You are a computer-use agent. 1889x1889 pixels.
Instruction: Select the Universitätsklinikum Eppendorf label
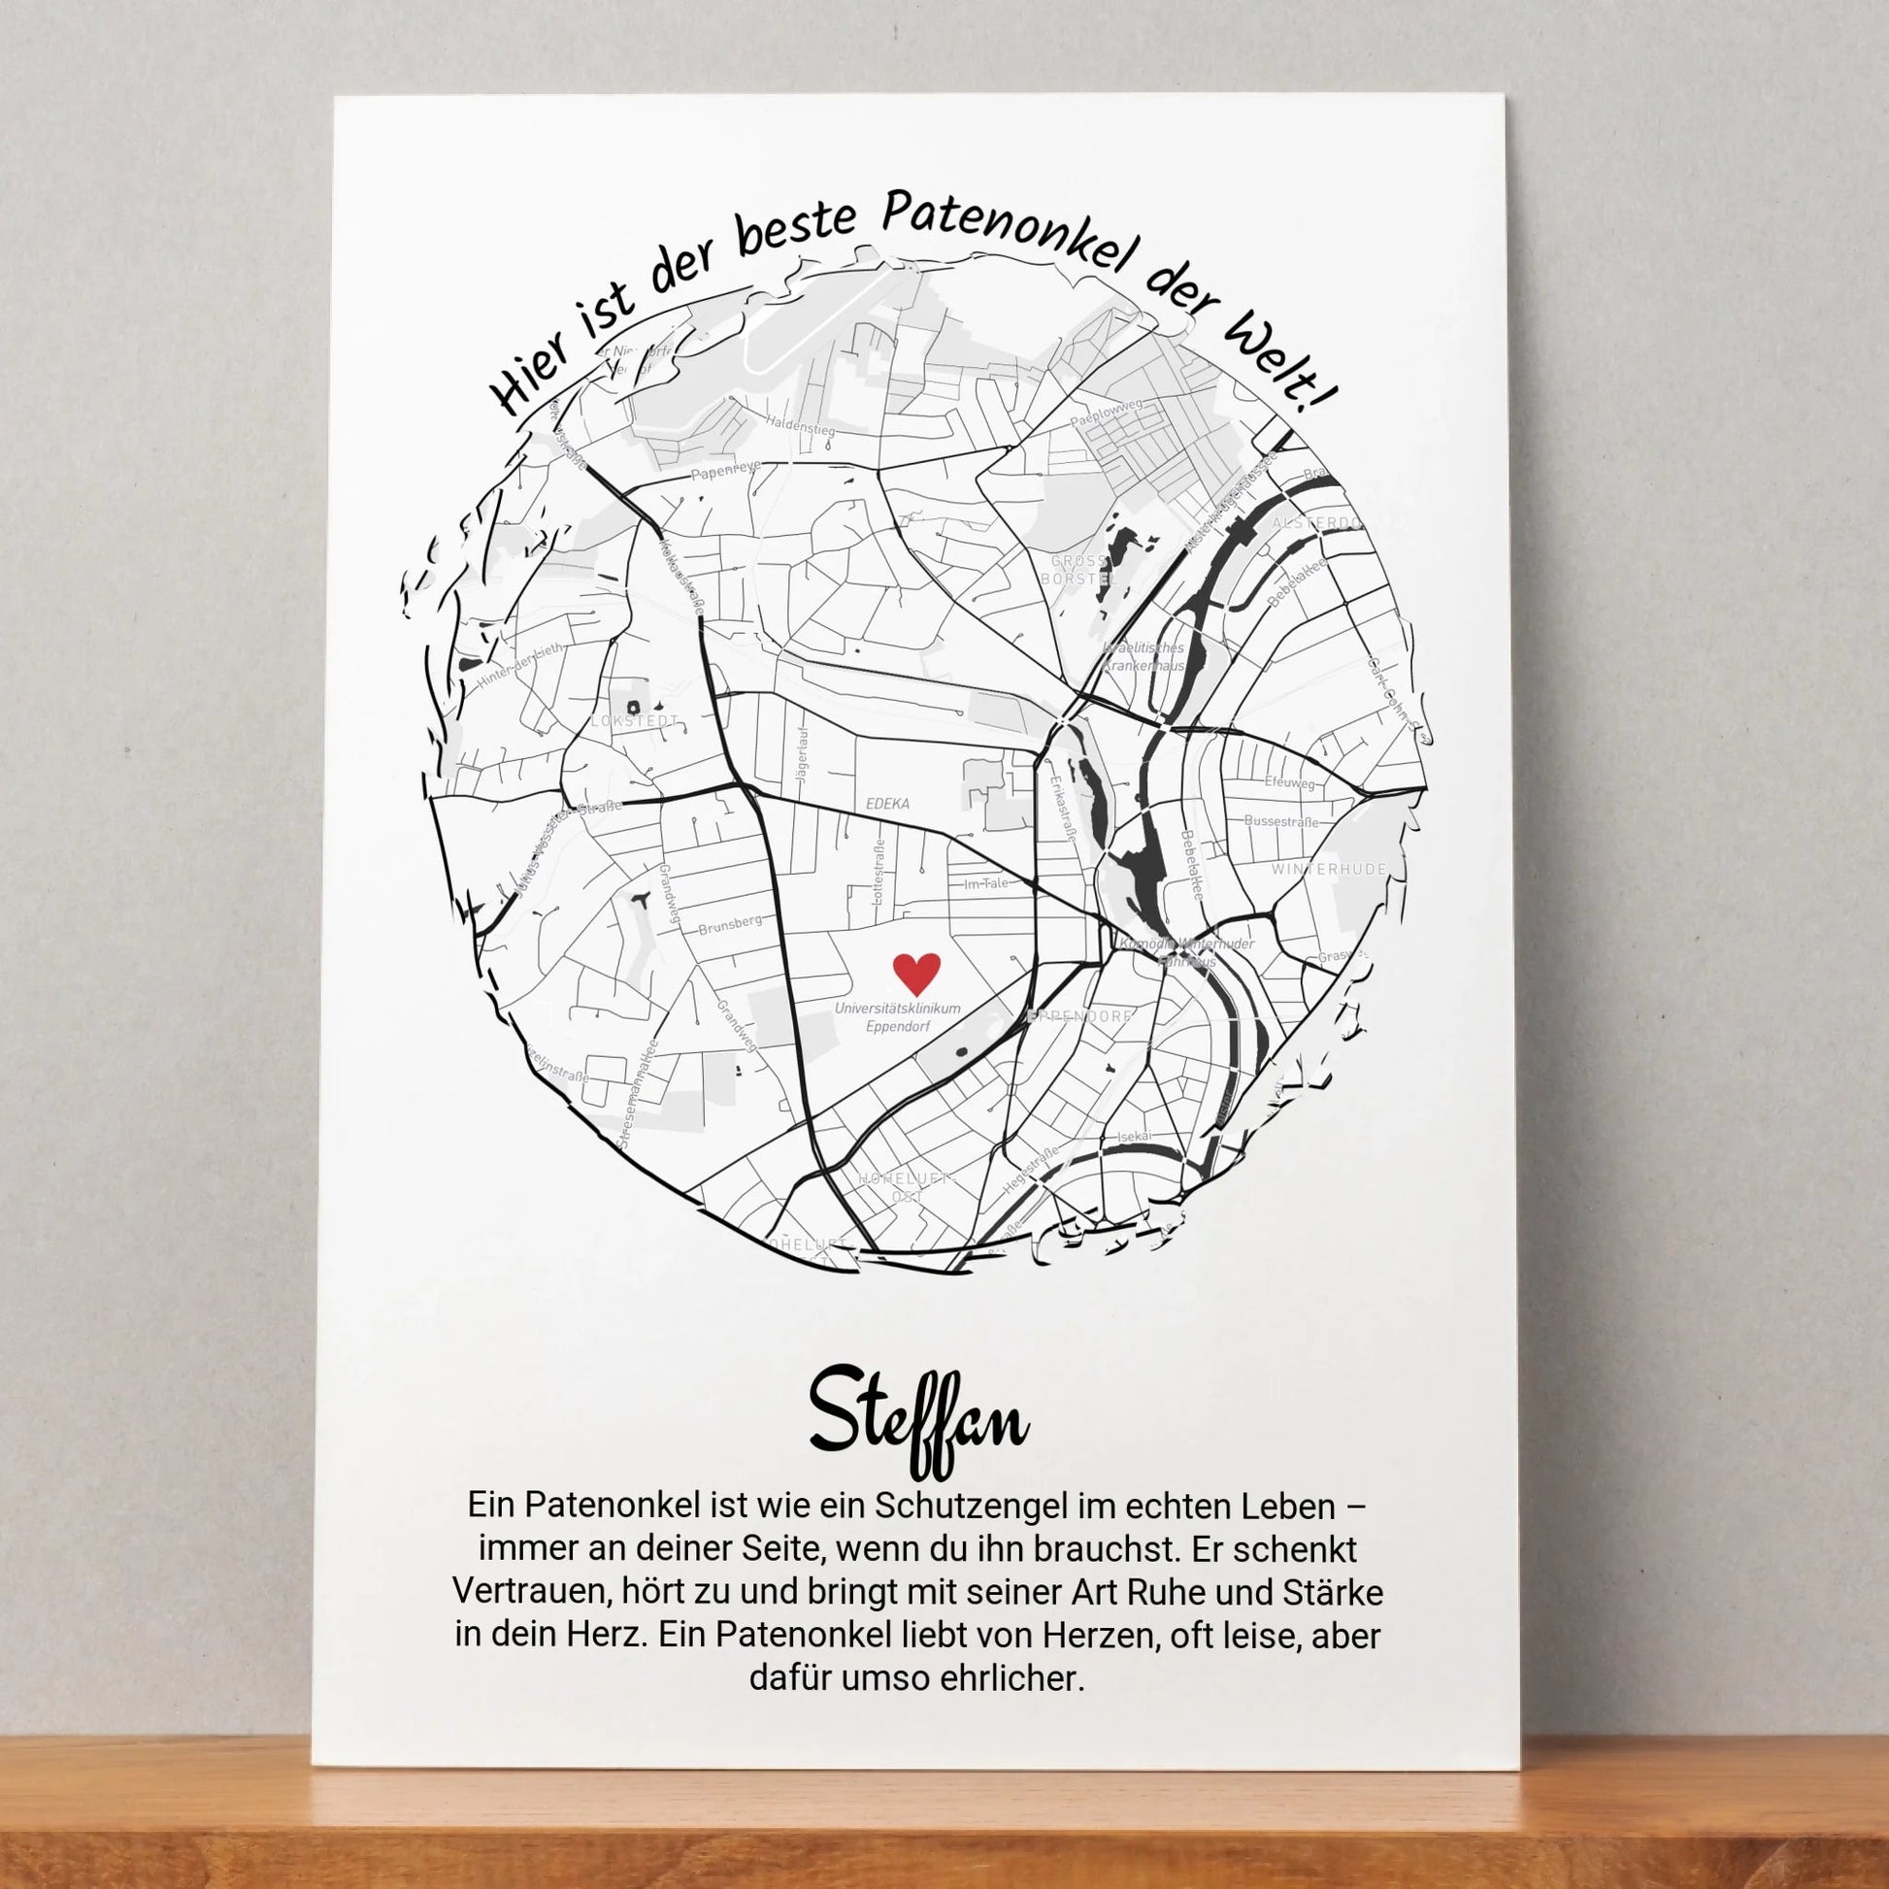click(x=898, y=1017)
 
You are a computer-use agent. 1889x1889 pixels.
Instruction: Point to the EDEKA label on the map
click(x=888, y=804)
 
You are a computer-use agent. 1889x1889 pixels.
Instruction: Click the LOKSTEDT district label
click(x=635, y=721)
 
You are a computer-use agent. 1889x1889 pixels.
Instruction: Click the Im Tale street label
click(x=985, y=884)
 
